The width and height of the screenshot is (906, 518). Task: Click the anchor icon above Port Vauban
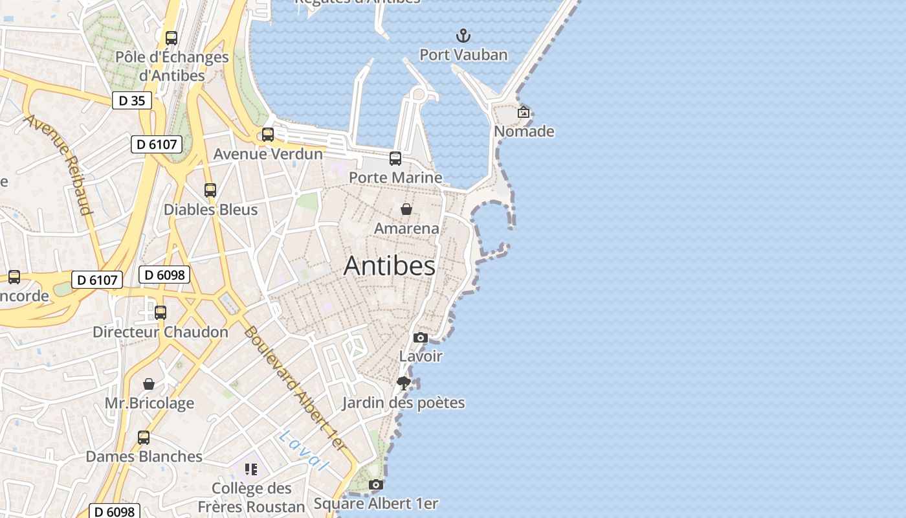click(463, 36)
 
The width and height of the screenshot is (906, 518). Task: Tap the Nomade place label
click(524, 131)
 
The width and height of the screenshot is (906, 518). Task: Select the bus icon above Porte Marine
click(395, 159)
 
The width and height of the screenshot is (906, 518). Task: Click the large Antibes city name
click(390, 266)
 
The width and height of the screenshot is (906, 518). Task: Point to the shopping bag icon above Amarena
click(406, 209)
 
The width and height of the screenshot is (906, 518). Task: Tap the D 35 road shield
click(131, 100)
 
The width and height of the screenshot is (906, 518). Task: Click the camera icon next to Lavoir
click(421, 337)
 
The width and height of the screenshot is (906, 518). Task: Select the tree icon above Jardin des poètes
click(404, 383)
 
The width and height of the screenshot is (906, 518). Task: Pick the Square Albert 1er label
click(376, 503)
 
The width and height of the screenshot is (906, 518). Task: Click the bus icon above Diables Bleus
click(210, 190)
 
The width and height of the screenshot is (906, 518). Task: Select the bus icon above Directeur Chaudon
click(160, 313)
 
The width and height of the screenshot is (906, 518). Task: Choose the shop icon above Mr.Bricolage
click(149, 384)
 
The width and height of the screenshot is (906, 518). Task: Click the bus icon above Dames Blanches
click(144, 438)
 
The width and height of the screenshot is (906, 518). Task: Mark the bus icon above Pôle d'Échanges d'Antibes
click(171, 38)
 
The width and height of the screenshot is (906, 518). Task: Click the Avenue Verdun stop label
click(268, 154)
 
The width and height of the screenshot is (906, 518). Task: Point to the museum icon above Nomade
click(524, 112)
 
